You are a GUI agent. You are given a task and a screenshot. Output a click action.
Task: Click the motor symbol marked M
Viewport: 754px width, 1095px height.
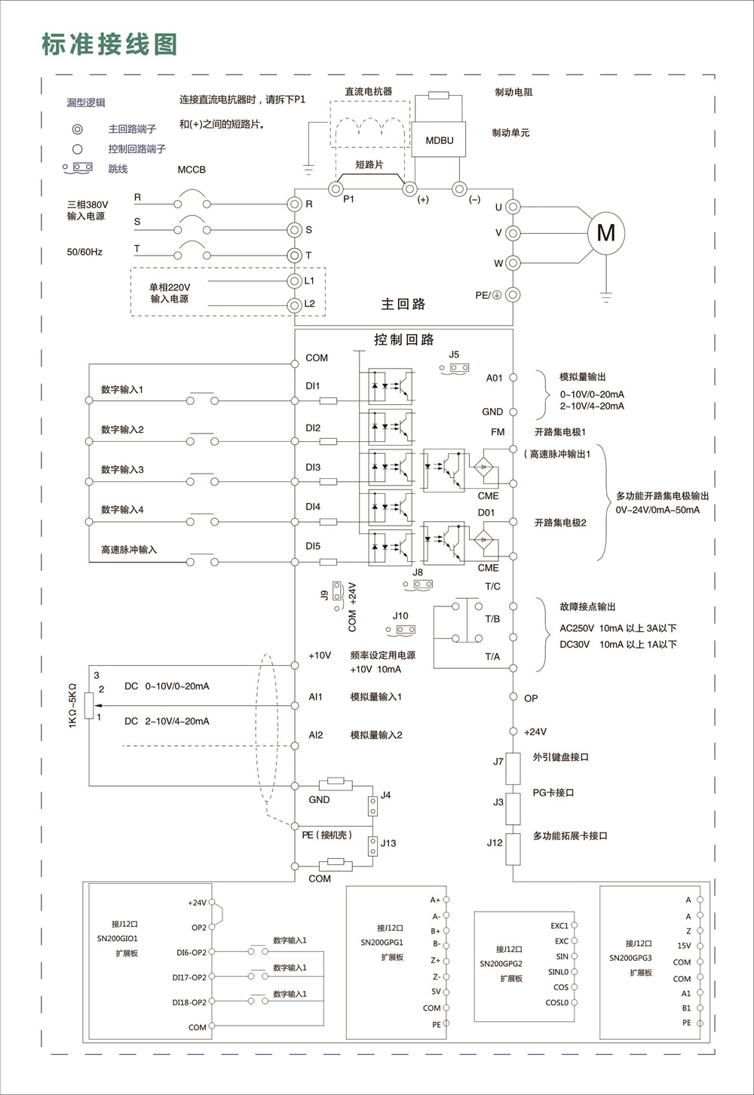point(605,233)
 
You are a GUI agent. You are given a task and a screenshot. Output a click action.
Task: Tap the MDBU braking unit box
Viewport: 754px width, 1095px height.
point(440,140)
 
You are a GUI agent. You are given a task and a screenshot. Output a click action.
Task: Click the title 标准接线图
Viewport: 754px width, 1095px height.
point(109,44)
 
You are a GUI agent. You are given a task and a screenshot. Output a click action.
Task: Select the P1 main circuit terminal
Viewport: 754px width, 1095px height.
point(336,187)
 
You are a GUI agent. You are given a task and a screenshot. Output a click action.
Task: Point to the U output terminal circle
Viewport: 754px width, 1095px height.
point(513,207)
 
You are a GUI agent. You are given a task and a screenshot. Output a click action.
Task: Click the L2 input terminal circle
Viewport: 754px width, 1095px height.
point(295,305)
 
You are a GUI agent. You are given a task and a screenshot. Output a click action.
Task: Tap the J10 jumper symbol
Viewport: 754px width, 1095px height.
point(402,629)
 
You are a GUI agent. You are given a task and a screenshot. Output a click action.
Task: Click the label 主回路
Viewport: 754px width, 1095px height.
point(403,304)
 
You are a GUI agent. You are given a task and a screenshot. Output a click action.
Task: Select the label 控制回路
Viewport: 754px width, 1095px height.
point(404,339)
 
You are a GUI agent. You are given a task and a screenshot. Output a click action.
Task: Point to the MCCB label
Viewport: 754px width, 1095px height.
point(192,170)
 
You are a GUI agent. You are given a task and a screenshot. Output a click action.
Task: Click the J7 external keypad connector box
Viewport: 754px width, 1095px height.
point(513,768)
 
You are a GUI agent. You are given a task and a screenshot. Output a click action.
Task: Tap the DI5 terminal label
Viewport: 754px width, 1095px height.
point(313,546)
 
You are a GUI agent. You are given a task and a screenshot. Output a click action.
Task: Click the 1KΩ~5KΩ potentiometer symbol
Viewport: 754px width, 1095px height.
point(89,705)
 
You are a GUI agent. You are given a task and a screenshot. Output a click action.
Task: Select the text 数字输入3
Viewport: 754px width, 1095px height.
point(122,470)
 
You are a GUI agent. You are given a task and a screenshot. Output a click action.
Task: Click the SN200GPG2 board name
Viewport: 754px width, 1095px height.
point(501,963)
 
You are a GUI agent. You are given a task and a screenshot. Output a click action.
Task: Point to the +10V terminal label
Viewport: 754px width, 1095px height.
point(320,655)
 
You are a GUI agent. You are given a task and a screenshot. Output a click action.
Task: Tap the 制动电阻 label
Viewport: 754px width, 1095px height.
point(513,92)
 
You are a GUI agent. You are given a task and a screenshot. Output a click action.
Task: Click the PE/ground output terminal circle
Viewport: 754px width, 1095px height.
point(513,295)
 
